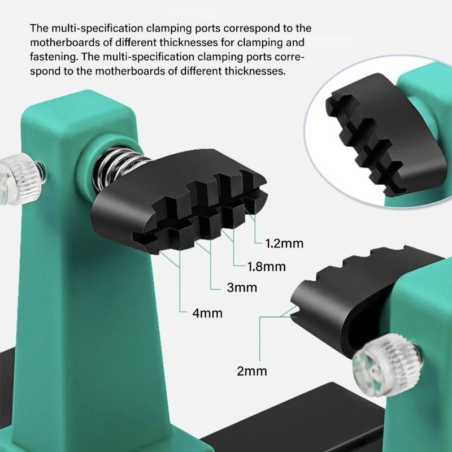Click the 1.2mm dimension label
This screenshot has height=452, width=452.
284,244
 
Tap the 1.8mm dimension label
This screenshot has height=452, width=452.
266,266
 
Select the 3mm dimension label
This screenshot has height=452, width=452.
242,288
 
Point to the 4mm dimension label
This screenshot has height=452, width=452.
207,312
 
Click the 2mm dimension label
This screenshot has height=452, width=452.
252,371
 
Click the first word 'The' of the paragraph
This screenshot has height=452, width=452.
40,28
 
